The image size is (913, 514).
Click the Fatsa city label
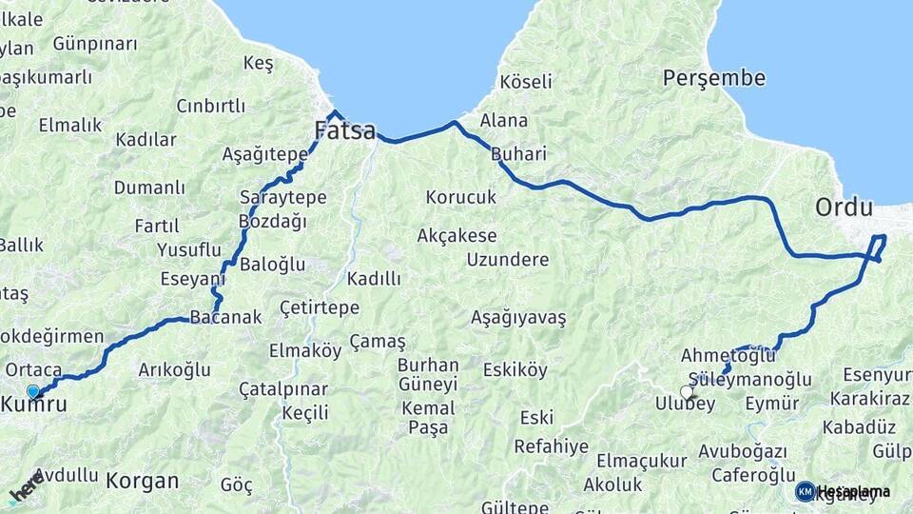(345, 131)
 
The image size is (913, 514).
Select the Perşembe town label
(713, 78)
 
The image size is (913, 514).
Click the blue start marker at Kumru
(33, 391)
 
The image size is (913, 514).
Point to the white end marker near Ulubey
(687, 391)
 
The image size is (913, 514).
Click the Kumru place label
(35, 405)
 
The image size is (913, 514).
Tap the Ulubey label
(685, 404)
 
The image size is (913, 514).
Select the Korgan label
(142, 481)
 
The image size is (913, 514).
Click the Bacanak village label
(225, 318)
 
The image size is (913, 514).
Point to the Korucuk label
(461, 198)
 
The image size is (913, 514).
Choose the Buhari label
(519, 154)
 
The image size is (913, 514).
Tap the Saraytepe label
(283, 198)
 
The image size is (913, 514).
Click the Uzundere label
(508, 260)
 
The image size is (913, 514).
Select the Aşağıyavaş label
(518, 318)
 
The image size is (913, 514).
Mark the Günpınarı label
(95, 44)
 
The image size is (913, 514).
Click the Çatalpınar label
(282, 389)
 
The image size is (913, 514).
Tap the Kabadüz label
(859, 426)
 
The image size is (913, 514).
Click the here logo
(26, 484)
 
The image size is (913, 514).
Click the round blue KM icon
(805, 491)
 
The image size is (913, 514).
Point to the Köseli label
(526, 81)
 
